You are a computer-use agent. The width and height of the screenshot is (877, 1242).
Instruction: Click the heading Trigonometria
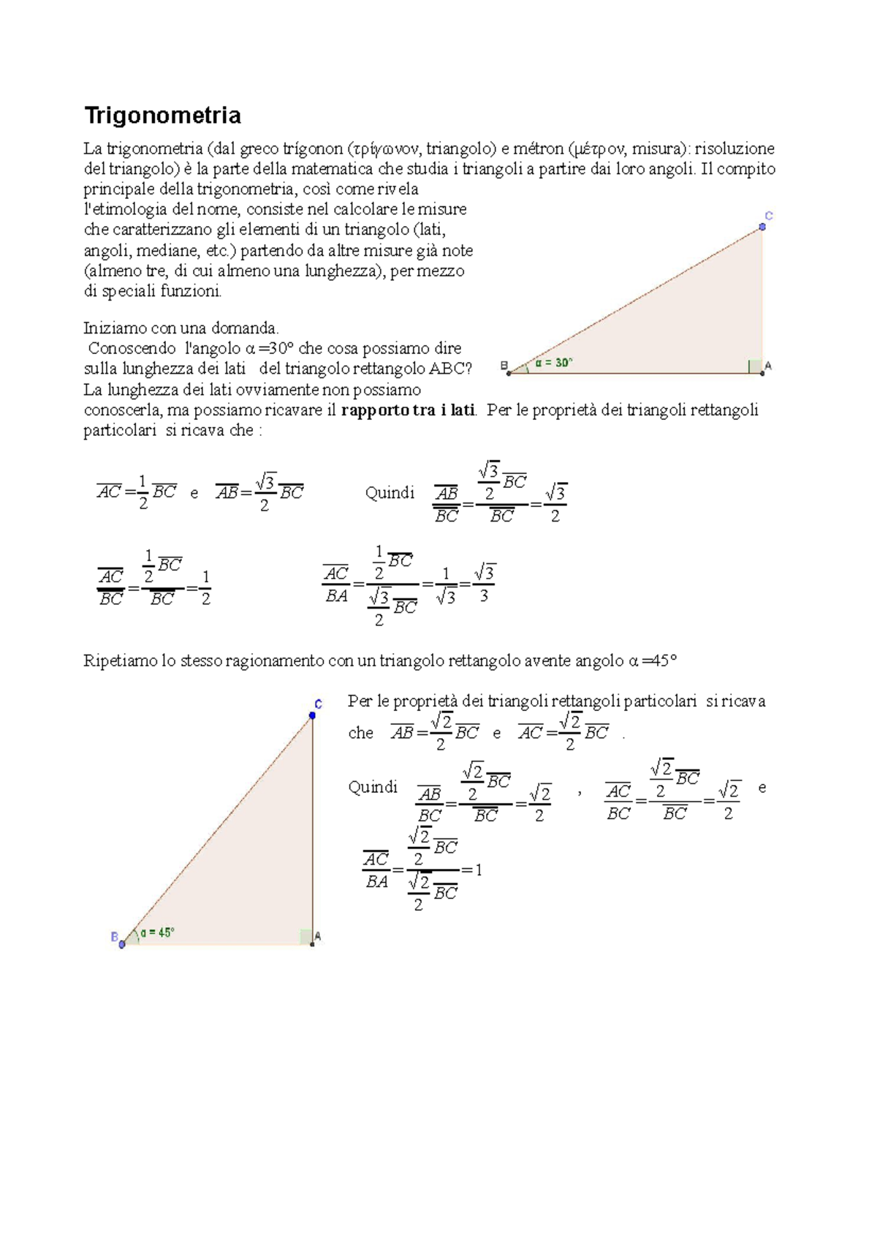coord(162,116)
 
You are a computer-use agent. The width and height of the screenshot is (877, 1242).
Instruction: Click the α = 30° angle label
coord(553,362)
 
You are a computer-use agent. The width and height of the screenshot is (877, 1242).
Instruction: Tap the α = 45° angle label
coord(157,933)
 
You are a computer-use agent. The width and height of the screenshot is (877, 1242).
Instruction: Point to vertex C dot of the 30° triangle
coord(762,227)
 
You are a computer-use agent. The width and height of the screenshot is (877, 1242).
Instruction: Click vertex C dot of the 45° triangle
coord(312,715)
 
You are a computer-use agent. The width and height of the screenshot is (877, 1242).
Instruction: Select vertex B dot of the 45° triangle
coord(122,944)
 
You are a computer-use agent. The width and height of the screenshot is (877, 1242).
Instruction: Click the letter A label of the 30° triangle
coord(768,365)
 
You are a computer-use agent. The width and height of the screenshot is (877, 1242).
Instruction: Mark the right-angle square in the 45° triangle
coord(306,937)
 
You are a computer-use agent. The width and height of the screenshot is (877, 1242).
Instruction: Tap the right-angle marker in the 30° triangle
coord(755,366)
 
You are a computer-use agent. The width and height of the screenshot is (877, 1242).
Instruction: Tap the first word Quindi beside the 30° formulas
coord(390,493)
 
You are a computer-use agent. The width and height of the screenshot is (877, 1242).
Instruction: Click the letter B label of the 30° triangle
coord(504,365)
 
